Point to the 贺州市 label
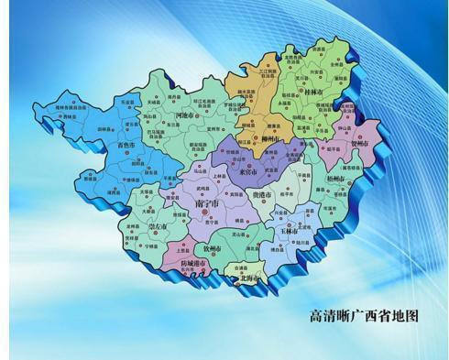pos(360,144)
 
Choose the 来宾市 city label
pos(247,171)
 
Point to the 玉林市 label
pos(288,232)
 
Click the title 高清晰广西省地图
pos(365,314)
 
